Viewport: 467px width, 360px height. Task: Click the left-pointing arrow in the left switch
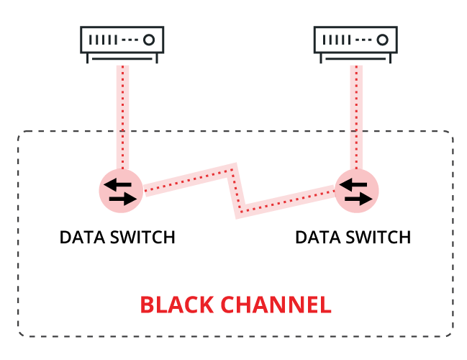click(x=117, y=184)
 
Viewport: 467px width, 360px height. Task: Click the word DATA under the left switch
click(x=80, y=238)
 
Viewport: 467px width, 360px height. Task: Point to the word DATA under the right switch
click(x=315, y=238)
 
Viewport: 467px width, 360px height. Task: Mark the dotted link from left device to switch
click(x=123, y=115)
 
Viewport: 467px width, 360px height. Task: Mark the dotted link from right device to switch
click(x=355, y=115)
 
